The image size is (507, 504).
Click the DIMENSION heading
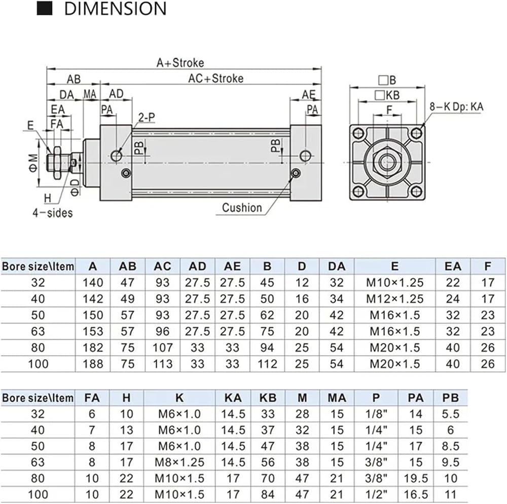point(115,9)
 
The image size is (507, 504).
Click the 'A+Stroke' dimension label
point(180,63)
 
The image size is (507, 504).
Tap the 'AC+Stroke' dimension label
point(216,78)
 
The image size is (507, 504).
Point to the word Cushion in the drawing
point(242,207)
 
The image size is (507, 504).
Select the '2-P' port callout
point(147,118)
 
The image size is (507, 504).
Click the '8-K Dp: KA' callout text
point(456,106)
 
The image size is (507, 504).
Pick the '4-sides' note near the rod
point(52,213)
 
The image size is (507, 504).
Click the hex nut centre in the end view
point(387,161)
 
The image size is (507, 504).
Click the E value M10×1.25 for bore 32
point(394,283)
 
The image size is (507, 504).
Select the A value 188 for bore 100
point(93,364)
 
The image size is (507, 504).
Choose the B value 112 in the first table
point(267,364)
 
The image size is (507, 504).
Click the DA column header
point(337,266)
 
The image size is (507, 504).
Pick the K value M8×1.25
point(179,462)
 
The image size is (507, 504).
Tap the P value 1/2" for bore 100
point(376,494)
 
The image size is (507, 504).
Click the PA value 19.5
point(416,478)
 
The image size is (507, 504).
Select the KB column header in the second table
point(268,398)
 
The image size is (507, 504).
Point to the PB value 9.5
point(450,462)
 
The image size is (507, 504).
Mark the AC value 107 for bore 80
point(162,347)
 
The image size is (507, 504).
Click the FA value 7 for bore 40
point(92,430)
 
